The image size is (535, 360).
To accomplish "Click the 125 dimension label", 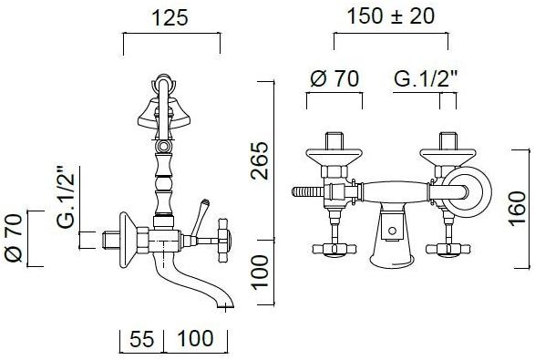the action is [x=170, y=17].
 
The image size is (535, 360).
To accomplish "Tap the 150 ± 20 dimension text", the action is [x=391, y=16].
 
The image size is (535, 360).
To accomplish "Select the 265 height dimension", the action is [x=260, y=160].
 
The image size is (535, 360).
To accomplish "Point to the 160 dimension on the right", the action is [x=518, y=209].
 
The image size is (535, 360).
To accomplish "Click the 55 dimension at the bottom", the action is [x=142, y=339].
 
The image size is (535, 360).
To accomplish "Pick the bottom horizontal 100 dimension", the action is [x=196, y=338].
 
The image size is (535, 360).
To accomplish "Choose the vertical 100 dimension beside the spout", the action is [x=260, y=272].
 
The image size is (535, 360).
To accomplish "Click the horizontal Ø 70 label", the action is [x=334, y=78].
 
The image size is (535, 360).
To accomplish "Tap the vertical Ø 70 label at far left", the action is [x=14, y=238].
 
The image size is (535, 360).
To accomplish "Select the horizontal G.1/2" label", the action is [x=426, y=78].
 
